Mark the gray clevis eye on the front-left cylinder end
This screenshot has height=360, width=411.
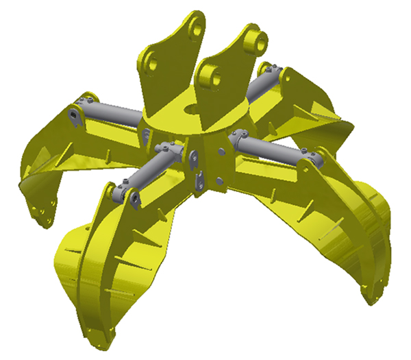(133, 200)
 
